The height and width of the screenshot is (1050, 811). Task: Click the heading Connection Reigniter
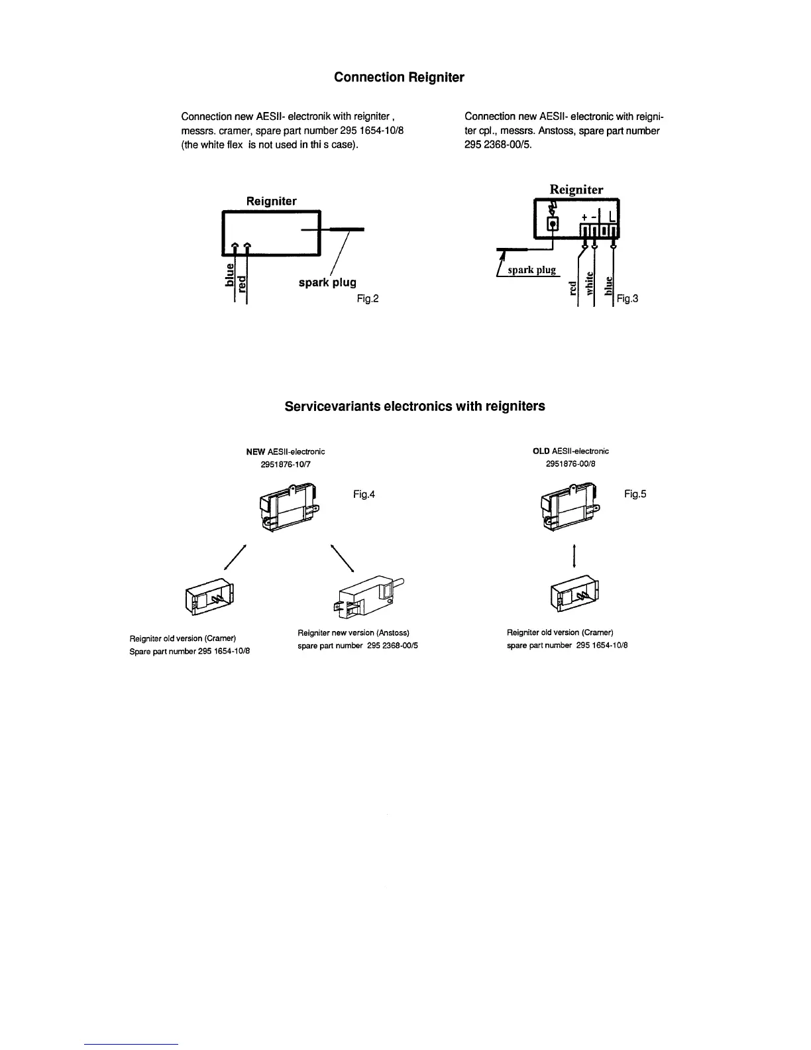(x=399, y=78)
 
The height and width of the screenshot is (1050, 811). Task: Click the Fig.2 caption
(x=367, y=299)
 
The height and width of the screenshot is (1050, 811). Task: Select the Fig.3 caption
(x=627, y=299)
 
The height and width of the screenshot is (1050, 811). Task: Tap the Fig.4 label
(x=364, y=494)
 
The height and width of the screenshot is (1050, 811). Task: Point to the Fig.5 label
(x=634, y=494)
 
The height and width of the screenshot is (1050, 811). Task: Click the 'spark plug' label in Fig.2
(x=327, y=283)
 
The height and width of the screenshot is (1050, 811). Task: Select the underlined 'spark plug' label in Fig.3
(x=531, y=270)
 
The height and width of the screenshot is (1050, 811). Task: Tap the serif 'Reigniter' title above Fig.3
(x=576, y=190)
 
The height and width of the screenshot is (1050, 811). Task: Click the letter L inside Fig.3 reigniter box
(x=612, y=217)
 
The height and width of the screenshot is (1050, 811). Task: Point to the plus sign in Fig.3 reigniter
(x=584, y=217)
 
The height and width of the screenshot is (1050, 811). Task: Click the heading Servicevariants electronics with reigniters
(x=415, y=406)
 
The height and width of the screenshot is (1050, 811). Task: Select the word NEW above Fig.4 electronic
(x=256, y=451)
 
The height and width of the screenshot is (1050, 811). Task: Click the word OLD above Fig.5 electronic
(x=541, y=451)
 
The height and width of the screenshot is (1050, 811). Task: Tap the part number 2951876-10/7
(x=285, y=464)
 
